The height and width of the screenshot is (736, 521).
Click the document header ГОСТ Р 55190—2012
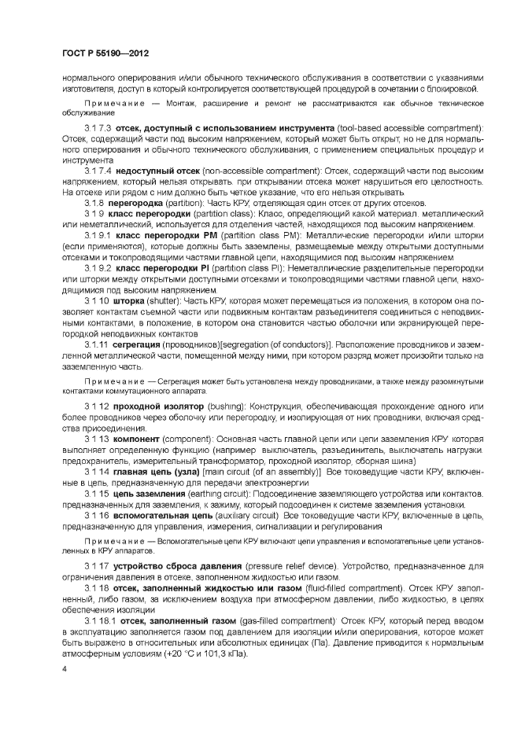(105, 53)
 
